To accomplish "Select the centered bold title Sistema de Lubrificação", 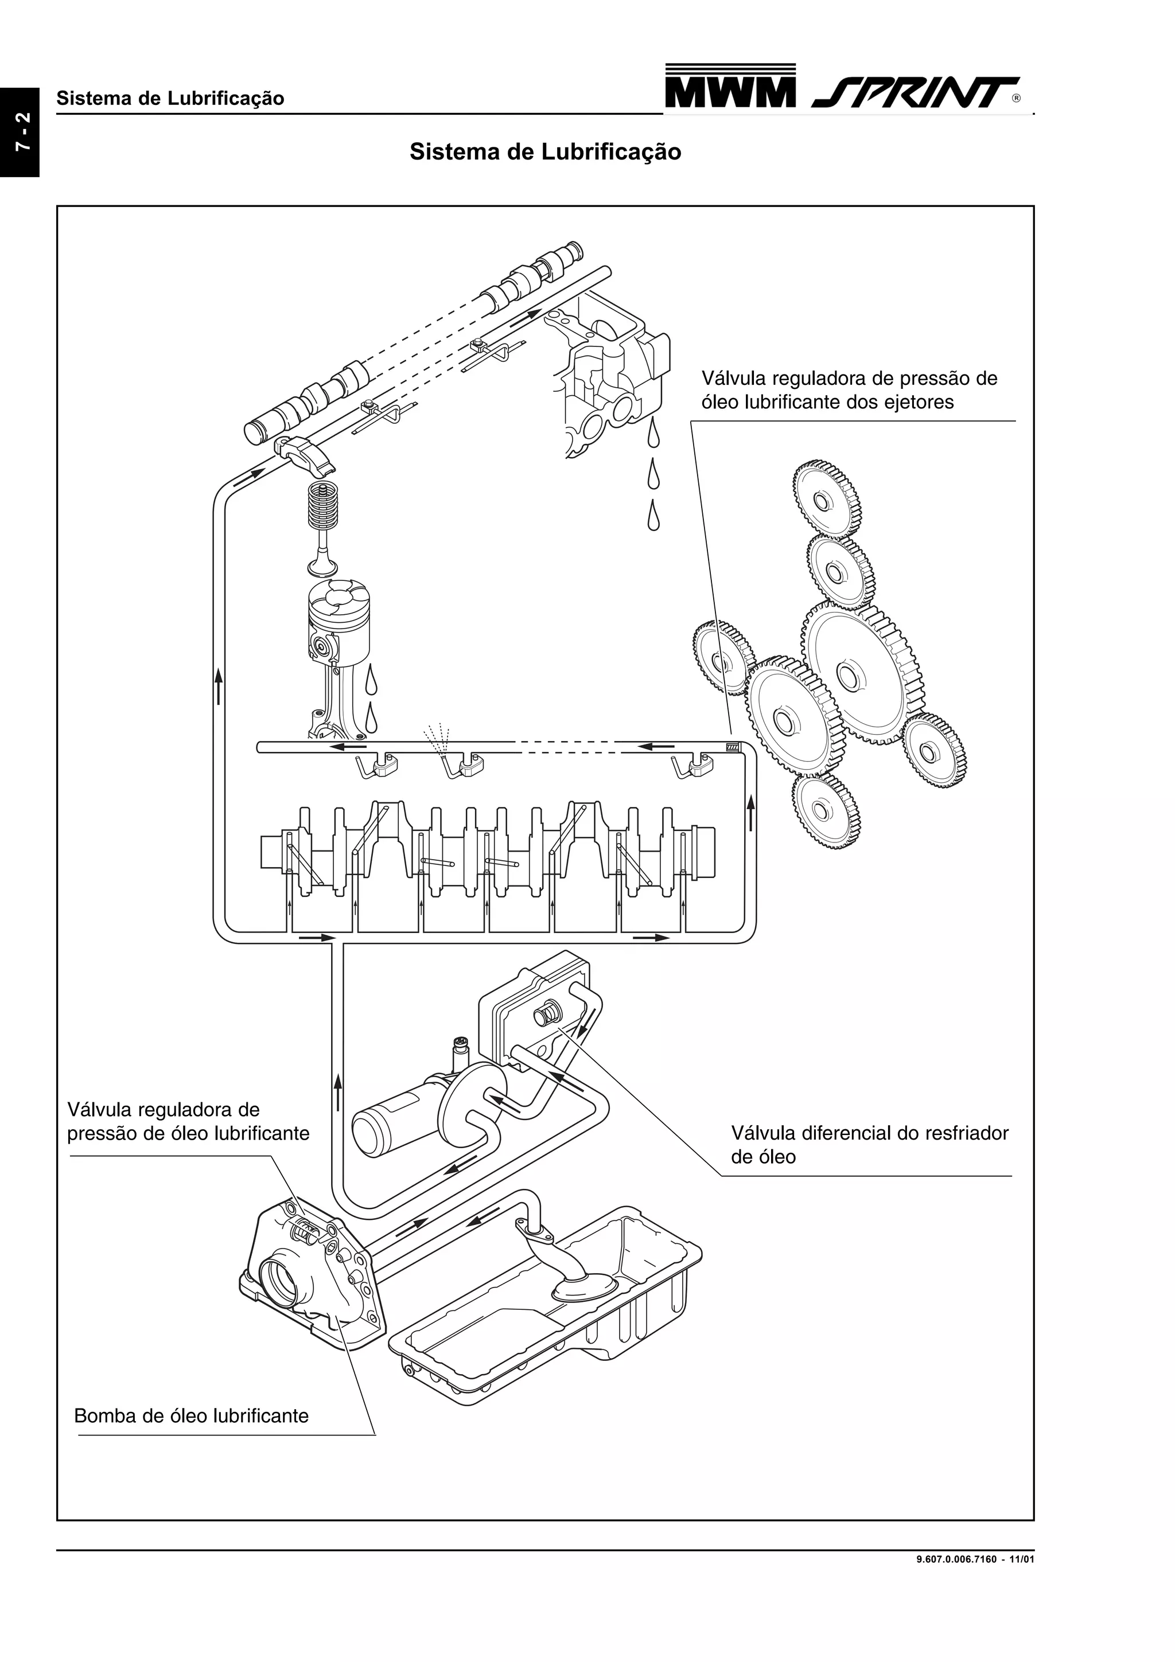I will pyautogui.click(x=544, y=152).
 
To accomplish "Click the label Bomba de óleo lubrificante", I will pyautogui.click(x=191, y=1415).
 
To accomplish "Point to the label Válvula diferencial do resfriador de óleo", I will pyautogui.click(x=869, y=1145).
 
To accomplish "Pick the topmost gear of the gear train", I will pyautogui.click(x=826, y=500).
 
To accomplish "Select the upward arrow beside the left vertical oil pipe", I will pyautogui.click(x=218, y=684).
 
